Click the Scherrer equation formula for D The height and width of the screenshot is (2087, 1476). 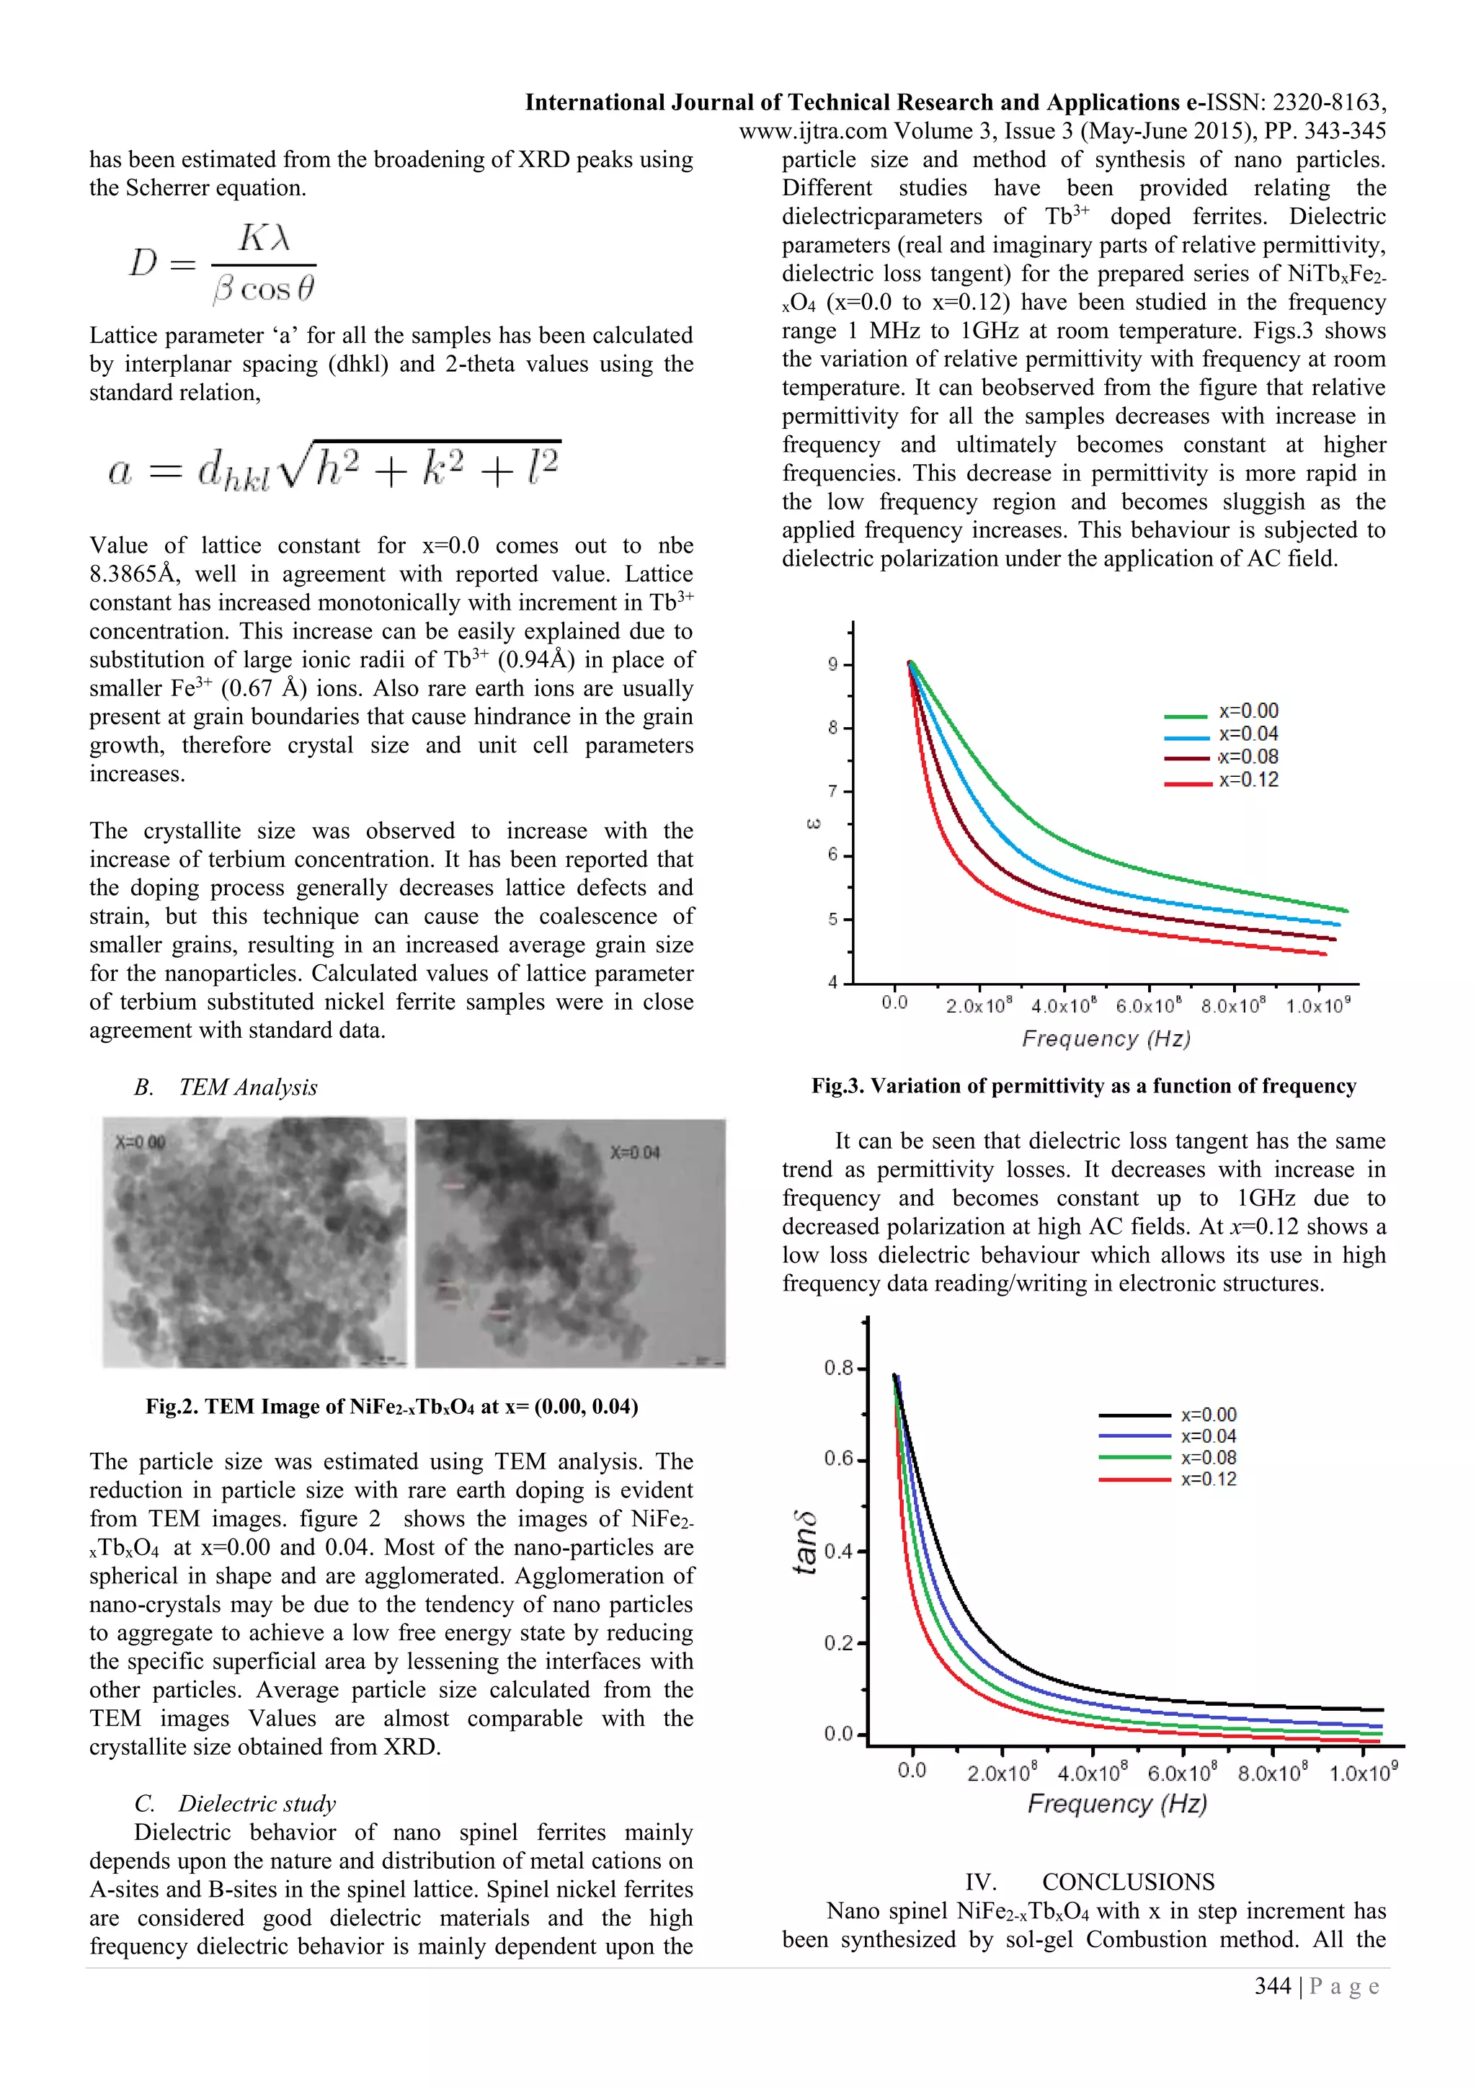[x=223, y=264]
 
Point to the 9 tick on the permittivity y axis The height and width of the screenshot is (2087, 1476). [x=833, y=664]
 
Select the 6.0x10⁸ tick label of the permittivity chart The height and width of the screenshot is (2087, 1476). [x=1149, y=1006]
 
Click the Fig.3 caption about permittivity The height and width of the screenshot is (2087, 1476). [x=1083, y=1086]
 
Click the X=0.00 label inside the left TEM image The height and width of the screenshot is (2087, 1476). [x=140, y=1142]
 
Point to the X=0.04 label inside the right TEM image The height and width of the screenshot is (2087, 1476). [x=634, y=1152]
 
